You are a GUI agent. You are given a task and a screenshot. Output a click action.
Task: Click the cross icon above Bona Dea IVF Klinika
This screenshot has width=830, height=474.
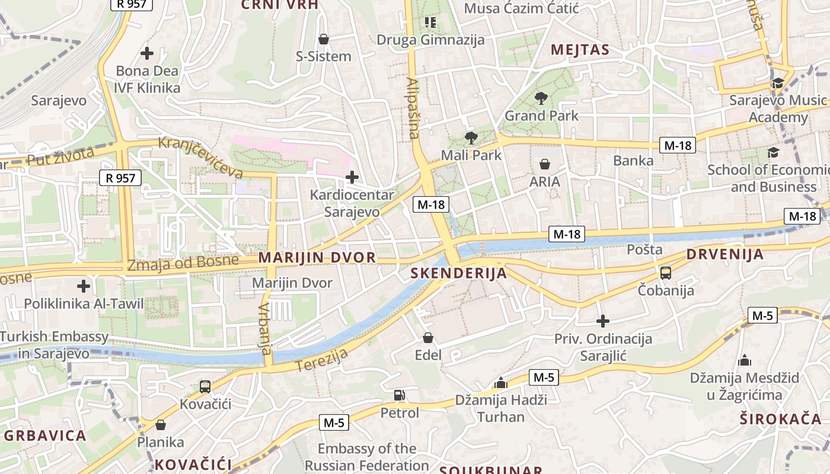click(147, 53)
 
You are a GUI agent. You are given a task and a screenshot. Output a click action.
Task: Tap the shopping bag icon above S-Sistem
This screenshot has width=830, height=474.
click(324, 39)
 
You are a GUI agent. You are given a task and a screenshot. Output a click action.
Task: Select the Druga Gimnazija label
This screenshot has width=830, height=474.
click(431, 40)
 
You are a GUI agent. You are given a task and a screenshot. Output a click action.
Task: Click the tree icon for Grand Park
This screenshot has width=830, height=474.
click(541, 98)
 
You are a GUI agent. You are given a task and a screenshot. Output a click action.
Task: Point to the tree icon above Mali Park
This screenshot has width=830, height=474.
click(471, 138)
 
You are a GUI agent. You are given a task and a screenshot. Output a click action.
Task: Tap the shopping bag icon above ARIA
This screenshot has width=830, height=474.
click(545, 164)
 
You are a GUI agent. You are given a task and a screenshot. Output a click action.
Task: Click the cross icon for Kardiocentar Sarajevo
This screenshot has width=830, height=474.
click(352, 177)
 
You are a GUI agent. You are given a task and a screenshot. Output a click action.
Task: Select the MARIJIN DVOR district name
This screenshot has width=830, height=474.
click(317, 258)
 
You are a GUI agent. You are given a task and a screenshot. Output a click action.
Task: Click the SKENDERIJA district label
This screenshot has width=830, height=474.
click(459, 273)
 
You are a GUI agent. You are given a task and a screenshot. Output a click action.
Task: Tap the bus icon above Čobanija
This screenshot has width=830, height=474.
click(666, 273)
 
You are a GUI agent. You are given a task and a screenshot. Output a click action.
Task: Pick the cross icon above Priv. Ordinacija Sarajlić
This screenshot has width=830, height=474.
click(603, 321)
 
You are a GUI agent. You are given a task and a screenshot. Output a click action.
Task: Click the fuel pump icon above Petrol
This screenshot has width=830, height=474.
click(400, 395)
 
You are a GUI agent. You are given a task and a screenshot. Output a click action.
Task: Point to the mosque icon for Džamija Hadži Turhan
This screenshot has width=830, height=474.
click(501, 383)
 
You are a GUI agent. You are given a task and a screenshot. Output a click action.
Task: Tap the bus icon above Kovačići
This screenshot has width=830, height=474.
click(205, 387)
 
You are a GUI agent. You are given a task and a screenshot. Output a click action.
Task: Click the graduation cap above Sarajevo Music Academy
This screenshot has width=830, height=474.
click(778, 84)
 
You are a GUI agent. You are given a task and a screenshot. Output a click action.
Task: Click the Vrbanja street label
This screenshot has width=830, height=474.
click(265, 328)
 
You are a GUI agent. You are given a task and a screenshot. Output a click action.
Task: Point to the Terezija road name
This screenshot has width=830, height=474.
click(321, 359)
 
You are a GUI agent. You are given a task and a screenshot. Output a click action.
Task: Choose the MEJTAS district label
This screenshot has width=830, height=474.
click(580, 50)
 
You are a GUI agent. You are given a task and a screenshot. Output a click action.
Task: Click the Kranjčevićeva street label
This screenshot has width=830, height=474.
click(201, 157)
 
